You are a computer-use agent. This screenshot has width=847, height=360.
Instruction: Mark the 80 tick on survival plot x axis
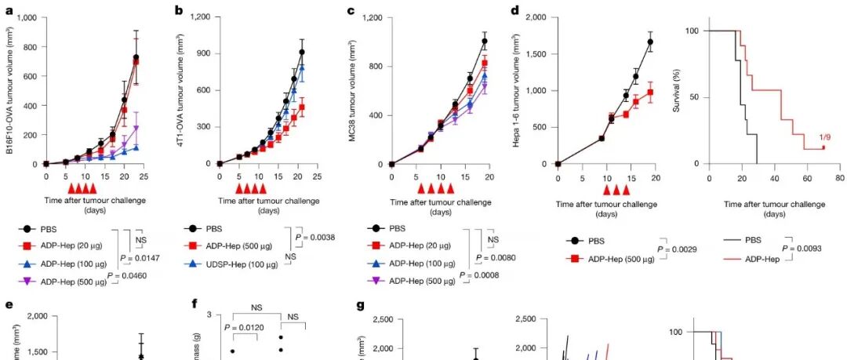(x=839, y=177)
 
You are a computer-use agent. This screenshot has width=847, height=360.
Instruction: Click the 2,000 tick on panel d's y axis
(x=540, y=16)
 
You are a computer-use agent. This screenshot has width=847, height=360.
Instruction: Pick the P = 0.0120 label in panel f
(x=244, y=327)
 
